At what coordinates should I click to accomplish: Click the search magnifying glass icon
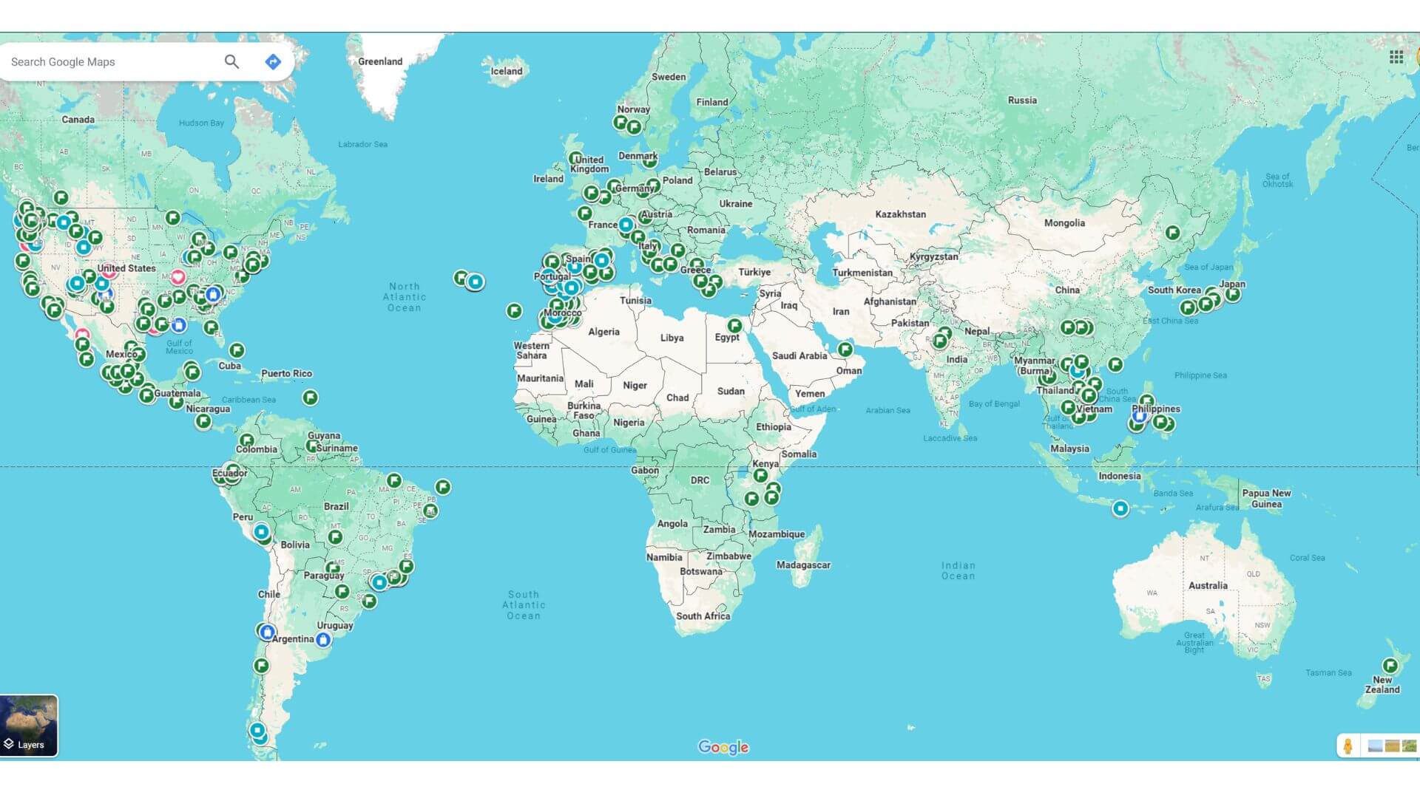tap(231, 61)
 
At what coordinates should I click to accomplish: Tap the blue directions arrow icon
tap(273, 61)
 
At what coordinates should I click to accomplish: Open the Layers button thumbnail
tap(29, 725)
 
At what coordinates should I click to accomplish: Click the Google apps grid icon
tap(1396, 57)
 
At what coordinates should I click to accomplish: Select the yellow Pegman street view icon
tap(1348, 746)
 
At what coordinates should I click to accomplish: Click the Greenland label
tap(380, 61)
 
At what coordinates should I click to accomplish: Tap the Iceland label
tap(507, 71)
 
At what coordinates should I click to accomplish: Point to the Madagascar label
tap(803, 565)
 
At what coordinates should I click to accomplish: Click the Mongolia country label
tap(1064, 222)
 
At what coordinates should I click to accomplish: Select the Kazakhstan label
tap(900, 214)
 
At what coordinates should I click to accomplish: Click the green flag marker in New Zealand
tap(1390, 665)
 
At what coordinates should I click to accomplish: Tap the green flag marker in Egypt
tap(734, 325)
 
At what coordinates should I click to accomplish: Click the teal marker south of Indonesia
tap(1120, 508)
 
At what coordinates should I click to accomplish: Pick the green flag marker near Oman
tap(845, 349)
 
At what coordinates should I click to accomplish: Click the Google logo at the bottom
tap(723, 747)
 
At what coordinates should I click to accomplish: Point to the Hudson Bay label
tap(201, 123)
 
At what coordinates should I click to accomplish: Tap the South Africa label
tap(703, 615)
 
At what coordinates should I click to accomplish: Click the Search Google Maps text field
tap(111, 61)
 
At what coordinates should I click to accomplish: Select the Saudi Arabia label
tap(799, 355)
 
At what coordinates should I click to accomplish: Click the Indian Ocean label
tap(958, 570)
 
